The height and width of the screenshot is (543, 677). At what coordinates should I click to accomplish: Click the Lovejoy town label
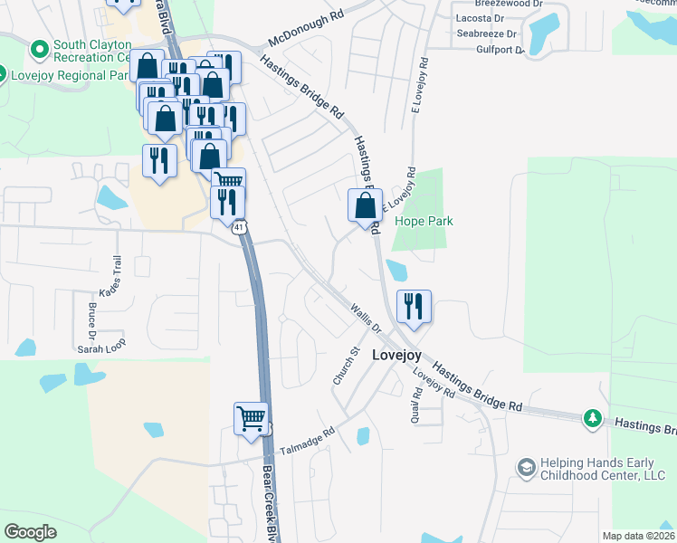[x=397, y=356]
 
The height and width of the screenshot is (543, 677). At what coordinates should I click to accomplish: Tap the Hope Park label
[x=423, y=221]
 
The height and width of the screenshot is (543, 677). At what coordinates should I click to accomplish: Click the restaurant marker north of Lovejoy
[x=414, y=306]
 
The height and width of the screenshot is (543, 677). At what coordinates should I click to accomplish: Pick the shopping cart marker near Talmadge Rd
[x=252, y=419]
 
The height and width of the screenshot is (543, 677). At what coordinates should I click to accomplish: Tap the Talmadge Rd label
[x=307, y=442]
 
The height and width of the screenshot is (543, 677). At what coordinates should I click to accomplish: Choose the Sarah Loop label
[x=101, y=346]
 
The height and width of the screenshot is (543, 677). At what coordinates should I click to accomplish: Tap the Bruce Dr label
[x=92, y=317]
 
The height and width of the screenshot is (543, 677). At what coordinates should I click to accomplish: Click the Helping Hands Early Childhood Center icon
[x=526, y=467]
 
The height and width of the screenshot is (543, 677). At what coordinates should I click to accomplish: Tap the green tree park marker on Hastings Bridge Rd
[x=593, y=417]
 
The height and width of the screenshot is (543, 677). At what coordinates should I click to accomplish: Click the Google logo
[x=31, y=532]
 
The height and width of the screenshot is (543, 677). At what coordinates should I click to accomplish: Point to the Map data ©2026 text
[x=638, y=536]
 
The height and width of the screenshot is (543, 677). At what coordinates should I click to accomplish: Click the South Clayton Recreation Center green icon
[x=39, y=47]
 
